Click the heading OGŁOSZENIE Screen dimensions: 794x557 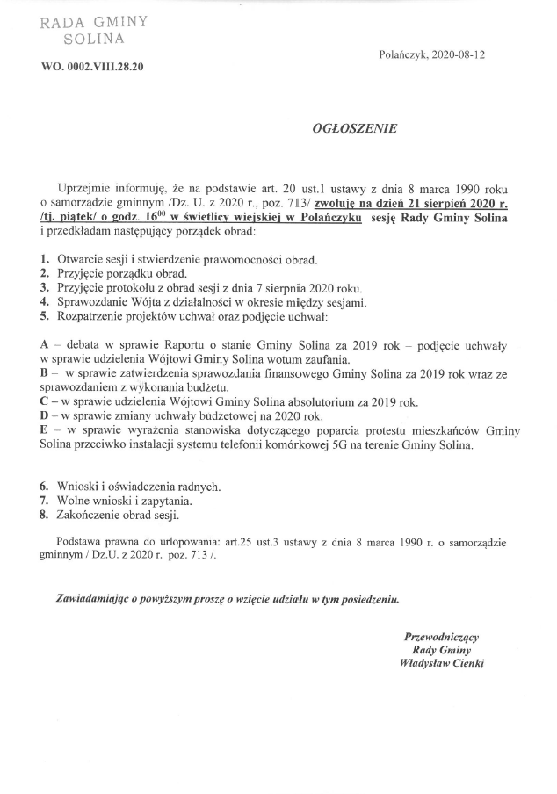coord(355,128)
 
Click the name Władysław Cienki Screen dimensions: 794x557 coord(441,664)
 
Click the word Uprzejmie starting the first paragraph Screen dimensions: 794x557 coord(83,189)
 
